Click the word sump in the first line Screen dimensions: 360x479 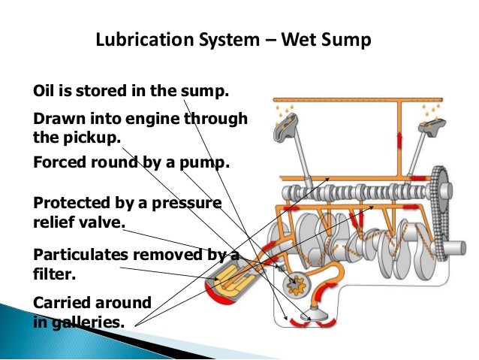(x=206, y=92)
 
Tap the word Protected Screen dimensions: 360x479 (x=72, y=203)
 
